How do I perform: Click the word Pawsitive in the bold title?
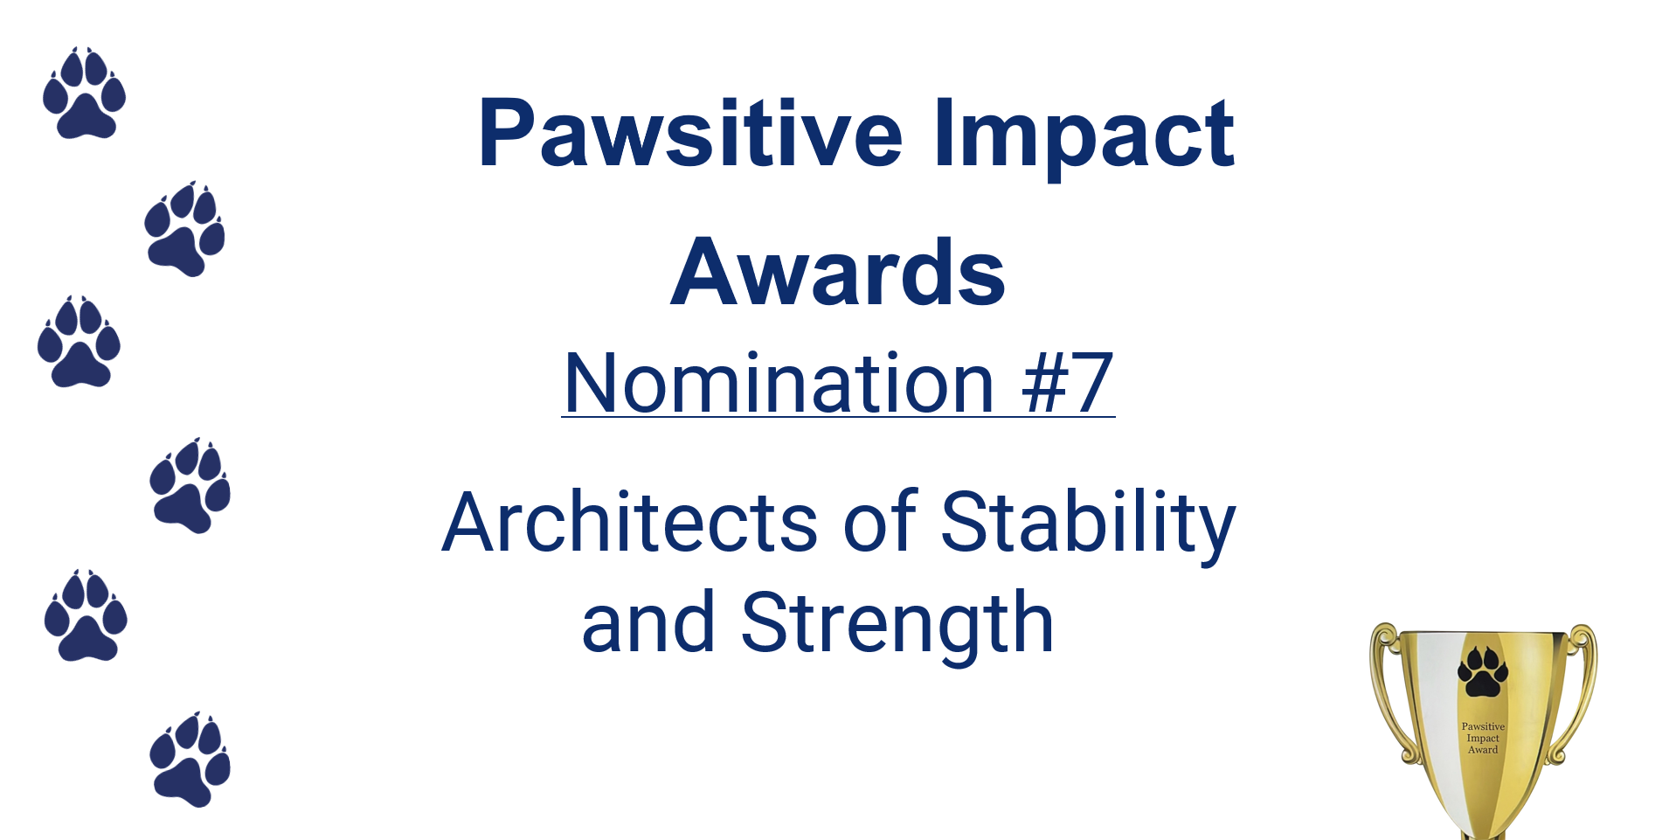(690, 133)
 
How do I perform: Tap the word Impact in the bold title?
(1084, 138)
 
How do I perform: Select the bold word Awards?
(838, 273)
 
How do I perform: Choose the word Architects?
(630, 522)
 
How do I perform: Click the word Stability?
(1088, 524)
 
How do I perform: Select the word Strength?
(897, 624)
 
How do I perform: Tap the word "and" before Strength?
(648, 622)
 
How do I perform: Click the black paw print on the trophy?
(1483, 671)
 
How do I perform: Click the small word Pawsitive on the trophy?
(1483, 726)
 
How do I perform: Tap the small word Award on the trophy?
(1483, 749)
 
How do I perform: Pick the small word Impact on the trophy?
(1483, 738)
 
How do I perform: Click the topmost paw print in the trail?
(84, 93)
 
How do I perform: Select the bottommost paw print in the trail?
(190, 759)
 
